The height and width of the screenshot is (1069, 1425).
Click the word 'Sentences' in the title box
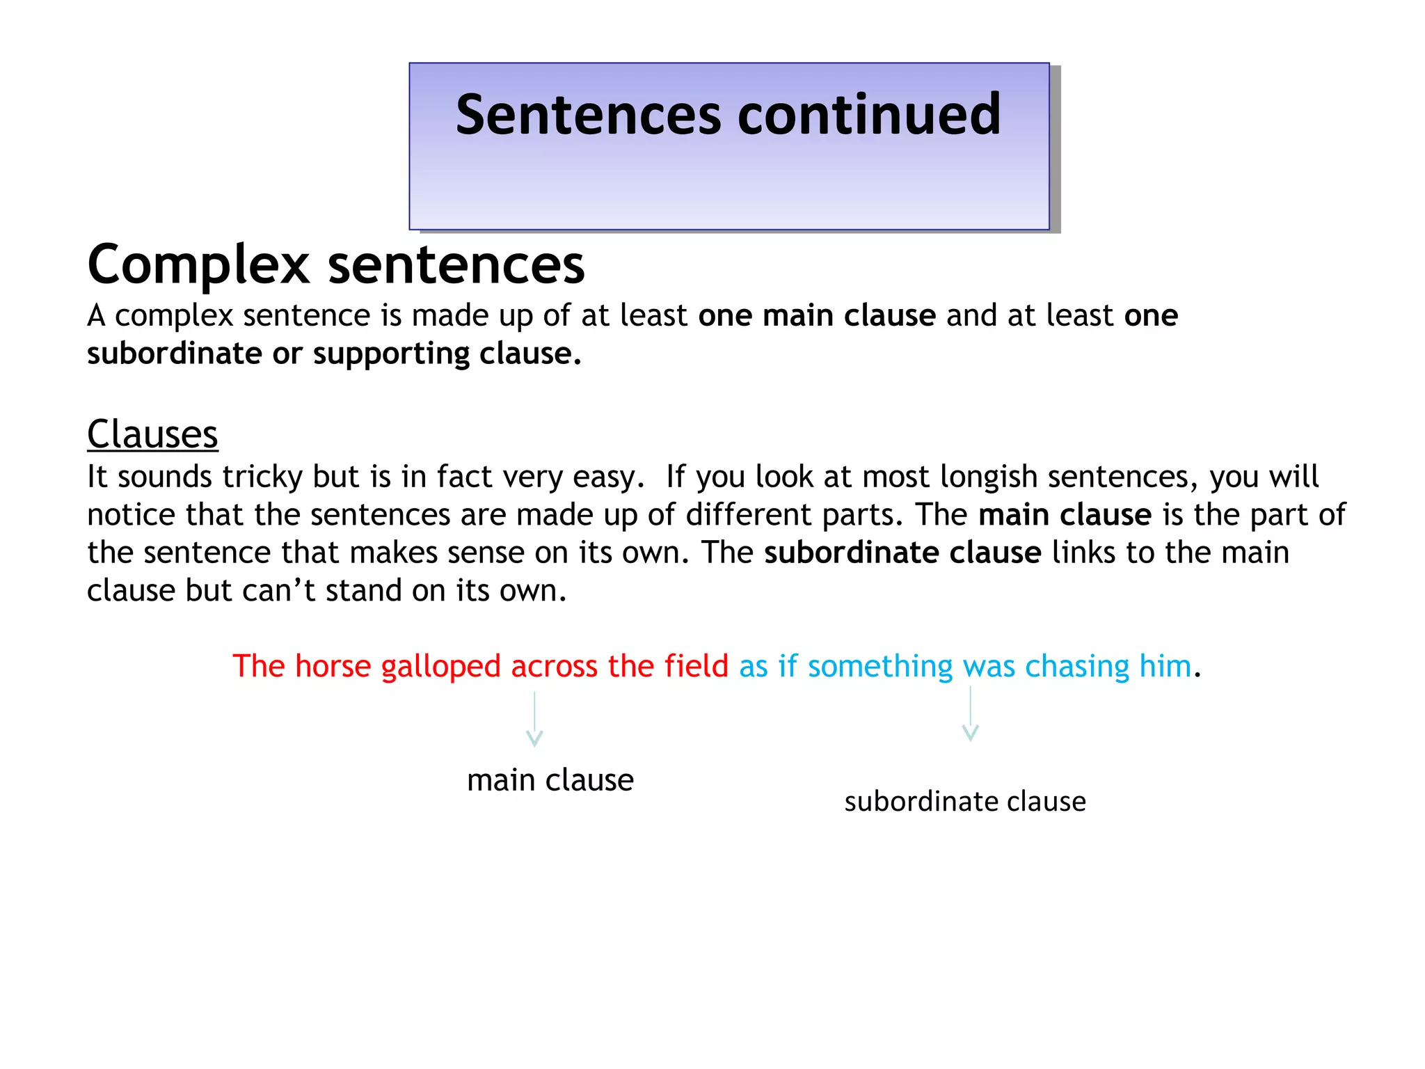coord(589,115)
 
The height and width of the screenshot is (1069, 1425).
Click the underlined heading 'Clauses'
coord(152,435)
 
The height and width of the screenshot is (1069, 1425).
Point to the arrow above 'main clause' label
coord(534,719)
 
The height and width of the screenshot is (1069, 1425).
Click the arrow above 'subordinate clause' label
coord(970,714)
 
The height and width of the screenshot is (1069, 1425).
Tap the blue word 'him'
coord(1165,667)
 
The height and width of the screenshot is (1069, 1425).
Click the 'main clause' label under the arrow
coord(550,780)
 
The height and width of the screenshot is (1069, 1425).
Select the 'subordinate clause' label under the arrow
coord(965,802)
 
